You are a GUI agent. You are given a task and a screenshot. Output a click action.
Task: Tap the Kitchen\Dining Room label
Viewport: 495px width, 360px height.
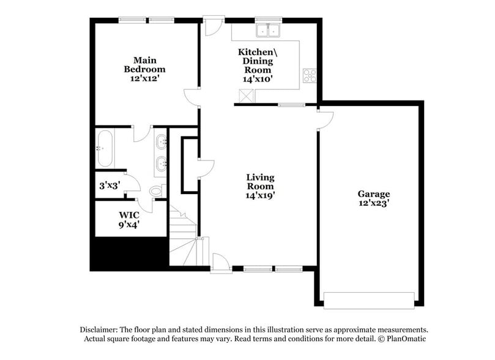coord(257,61)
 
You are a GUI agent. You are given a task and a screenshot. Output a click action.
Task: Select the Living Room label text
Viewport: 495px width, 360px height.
coord(260,181)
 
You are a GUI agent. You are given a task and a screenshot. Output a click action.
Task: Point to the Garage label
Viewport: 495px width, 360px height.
coord(374,194)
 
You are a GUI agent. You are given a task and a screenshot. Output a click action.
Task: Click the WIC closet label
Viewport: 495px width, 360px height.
coord(129,215)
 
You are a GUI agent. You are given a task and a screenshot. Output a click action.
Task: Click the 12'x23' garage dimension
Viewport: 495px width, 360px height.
coord(374,203)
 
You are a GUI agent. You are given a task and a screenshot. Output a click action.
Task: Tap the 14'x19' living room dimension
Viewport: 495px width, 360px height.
coord(260,196)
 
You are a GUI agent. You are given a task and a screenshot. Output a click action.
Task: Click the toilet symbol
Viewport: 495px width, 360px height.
coord(157,192)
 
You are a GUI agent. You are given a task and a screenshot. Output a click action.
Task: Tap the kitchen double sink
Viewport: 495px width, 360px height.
coord(267,30)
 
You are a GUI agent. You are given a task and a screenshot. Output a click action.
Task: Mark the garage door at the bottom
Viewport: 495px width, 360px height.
coord(369,300)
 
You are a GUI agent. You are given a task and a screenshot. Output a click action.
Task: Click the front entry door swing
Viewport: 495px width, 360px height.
coord(220,263)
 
